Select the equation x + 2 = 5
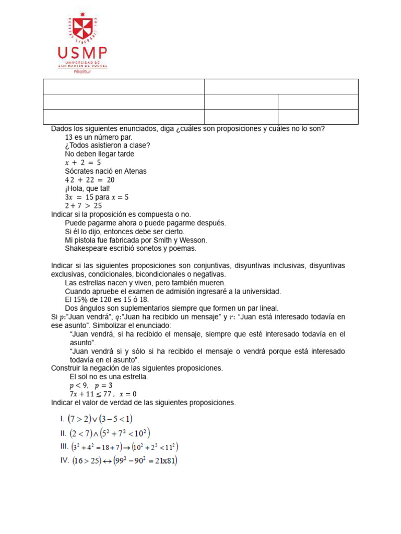click(x=82, y=163)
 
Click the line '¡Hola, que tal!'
click(x=87, y=188)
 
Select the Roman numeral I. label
click(x=63, y=418)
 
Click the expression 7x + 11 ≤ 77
click(x=92, y=394)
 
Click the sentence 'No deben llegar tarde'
click(x=99, y=154)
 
